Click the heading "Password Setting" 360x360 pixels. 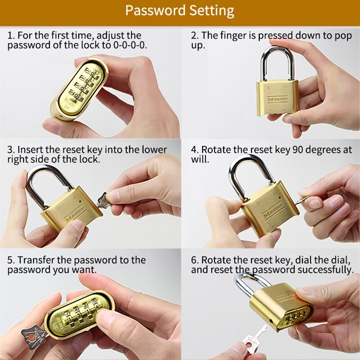[180, 10]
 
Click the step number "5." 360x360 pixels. [11, 260]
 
